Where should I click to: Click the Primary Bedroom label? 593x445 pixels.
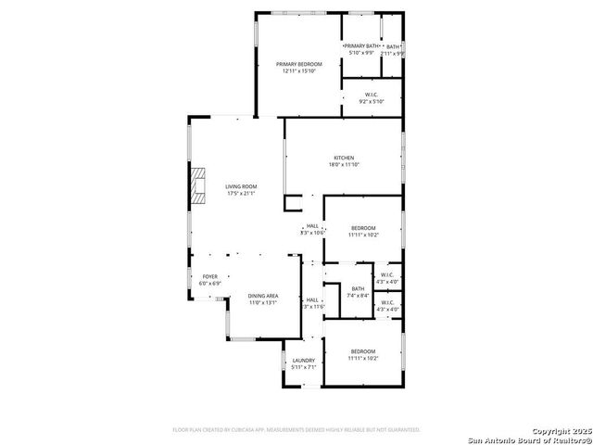coord(298,63)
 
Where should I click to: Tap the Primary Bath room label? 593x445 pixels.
coord(360,45)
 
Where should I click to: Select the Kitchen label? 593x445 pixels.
coord(344,158)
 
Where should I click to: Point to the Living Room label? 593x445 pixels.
coord(241,186)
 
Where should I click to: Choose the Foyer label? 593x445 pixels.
coord(210,276)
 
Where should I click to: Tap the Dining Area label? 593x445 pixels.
coord(263,296)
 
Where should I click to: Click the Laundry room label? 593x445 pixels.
coord(304,361)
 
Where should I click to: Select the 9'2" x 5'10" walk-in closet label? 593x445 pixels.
coord(372,94)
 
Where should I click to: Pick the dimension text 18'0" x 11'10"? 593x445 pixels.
coord(343,165)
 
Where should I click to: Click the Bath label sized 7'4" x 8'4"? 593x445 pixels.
coord(358,289)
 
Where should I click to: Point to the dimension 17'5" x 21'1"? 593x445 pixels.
coord(241,194)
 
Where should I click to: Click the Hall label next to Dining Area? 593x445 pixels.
coord(312,299)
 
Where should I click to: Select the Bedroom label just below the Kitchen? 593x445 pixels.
coord(363,228)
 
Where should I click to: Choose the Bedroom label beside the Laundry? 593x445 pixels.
coord(363,351)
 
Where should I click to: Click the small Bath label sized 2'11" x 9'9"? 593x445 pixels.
coord(394,47)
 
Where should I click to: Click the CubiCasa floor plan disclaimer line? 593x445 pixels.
coord(296,430)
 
